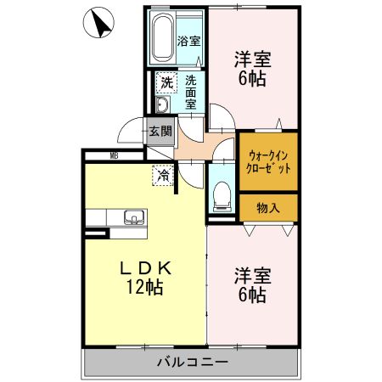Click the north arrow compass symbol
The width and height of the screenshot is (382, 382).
[x=98, y=23]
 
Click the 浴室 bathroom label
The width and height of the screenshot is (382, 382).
[x=188, y=42]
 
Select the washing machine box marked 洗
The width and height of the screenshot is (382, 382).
[x=166, y=82]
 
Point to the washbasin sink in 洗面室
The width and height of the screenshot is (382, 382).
[x=162, y=104]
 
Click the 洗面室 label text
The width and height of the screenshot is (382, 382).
[x=191, y=93]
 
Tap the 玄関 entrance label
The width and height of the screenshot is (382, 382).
[x=160, y=132]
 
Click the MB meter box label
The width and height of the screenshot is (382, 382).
[x=114, y=155]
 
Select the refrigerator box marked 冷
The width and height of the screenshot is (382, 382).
[x=163, y=176]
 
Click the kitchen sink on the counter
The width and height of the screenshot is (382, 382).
[x=133, y=218]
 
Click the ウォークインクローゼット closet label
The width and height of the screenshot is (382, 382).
[x=268, y=162]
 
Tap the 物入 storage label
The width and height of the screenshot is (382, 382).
[x=268, y=208]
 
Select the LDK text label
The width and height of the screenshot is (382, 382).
[x=146, y=268]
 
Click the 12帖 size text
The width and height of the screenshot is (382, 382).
[x=144, y=287]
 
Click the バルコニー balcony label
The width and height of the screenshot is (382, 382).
[x=193, y=362]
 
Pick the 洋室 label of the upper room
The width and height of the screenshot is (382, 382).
[x=252, y=59]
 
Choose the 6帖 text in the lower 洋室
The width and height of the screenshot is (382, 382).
[x=252, y=295]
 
